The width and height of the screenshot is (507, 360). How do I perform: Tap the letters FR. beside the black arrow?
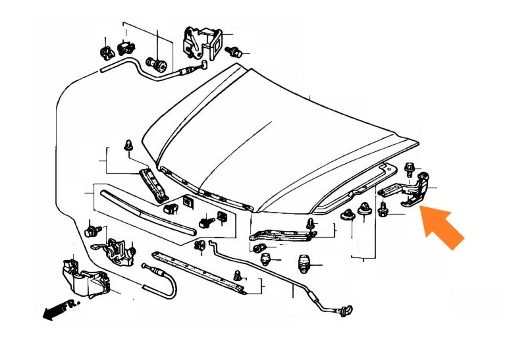pyautogui.click(x=70, y=305)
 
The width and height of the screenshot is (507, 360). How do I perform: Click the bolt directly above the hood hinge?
pyautogui.click(x=409, y=170)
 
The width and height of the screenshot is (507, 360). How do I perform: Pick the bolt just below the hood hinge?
pyautogui.click(x=383, y=210)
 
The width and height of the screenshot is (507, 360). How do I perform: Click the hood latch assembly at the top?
pyautogui.click(x=202, y=43)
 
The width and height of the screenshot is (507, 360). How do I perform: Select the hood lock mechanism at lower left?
pyautogui.click(x=117, y=251)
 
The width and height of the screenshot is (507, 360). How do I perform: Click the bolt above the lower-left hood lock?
pyautogui.click(x=92, y=231)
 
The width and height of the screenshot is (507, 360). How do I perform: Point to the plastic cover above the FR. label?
pyautogui.click(x=86, y=278)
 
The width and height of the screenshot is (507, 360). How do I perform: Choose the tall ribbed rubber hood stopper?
pyautogui.click(x=303, y=264)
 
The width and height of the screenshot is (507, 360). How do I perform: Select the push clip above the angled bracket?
pyautogui.click(x=128, y=145)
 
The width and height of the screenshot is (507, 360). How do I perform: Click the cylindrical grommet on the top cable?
pyautogui.click(x=157, y=64)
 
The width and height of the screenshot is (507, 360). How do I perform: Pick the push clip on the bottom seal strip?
pyautogui.click(x=237, y=275)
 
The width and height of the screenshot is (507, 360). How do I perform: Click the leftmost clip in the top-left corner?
pyautogui.click(x=106, y=53)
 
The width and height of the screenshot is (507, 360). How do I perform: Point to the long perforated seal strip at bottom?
pyautogui.click(x=198, y=272)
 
